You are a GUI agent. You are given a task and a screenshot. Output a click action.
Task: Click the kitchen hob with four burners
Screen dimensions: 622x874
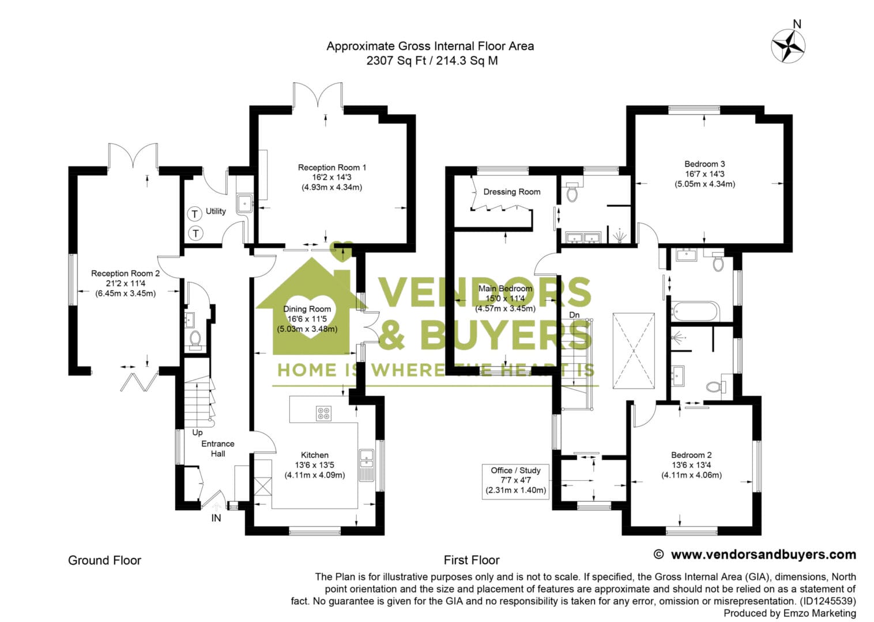pyautogui.click(x=323, y=413)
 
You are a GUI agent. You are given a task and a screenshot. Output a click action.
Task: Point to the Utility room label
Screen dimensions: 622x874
pyautogui.click(x=216, y=211)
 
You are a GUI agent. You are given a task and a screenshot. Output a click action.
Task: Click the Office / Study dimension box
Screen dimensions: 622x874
pyautogui.click(x=515, y=481)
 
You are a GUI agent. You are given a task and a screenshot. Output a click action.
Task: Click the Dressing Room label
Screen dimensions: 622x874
pyautogui.click(x=511, y=192)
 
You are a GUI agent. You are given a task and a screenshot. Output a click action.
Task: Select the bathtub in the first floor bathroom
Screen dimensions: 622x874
pyautogui.click(x=695, y=312)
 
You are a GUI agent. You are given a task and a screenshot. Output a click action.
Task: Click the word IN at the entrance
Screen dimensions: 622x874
pyautogui.click(x=216, y=518)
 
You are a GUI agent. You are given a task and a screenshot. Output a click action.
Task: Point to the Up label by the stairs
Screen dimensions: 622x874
pyautogui.click(x=197, y=433)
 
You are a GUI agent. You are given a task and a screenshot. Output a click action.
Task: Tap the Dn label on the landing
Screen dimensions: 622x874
pyautogui.click(x=574, y=315)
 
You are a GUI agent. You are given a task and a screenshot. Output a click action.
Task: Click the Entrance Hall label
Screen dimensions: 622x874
pyautogui.click(x=217, y=449)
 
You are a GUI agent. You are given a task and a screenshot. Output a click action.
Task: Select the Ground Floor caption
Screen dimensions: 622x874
pyautogui.click(x=104, y=560)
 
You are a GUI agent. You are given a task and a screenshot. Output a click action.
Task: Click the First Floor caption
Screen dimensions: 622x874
pyautogui.click(x=471, y=560)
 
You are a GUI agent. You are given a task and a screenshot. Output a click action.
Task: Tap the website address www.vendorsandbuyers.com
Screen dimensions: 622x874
pyautogui.click(x=763, y=555)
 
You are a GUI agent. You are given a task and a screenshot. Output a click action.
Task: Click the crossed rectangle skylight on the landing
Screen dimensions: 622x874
pyautogui.click(x=634, y=351)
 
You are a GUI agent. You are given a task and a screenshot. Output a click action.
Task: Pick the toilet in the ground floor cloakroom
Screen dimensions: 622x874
pyautogui.click(x=195, y=340)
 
